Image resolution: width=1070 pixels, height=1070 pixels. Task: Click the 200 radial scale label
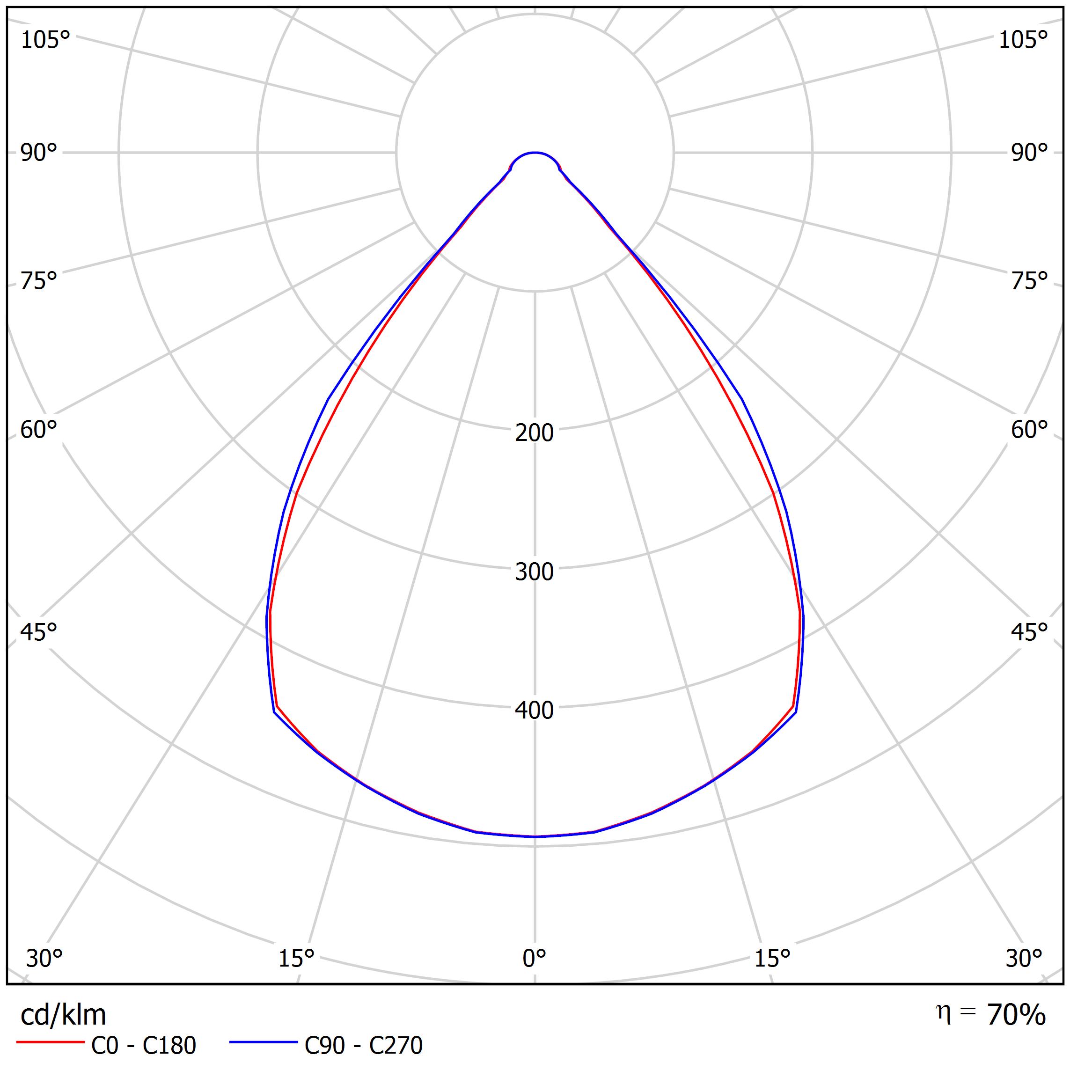(534, 433)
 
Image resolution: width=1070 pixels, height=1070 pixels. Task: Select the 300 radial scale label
(534, 572)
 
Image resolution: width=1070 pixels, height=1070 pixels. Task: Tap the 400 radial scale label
(534, 711)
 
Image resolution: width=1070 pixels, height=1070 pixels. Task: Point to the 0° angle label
(534, 958)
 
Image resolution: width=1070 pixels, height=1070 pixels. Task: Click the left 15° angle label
(296, 958)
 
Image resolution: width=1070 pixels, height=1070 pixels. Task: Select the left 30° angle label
(44, 958)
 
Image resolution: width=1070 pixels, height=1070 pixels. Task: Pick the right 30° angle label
(1024, 958)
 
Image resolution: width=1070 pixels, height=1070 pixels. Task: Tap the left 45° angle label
(39, 632)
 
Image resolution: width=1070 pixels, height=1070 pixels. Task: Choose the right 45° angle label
(1029, 632)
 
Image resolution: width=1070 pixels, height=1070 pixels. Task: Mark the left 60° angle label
(39, 430)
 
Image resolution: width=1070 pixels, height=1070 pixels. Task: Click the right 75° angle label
(1029, 281)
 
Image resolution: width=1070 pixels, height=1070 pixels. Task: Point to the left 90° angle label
(39, 152)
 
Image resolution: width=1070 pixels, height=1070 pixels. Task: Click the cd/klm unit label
(63, 1015)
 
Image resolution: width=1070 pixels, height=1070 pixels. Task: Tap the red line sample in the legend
(50, 1042)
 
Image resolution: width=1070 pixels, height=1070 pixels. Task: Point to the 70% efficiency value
(1016, 1015)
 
